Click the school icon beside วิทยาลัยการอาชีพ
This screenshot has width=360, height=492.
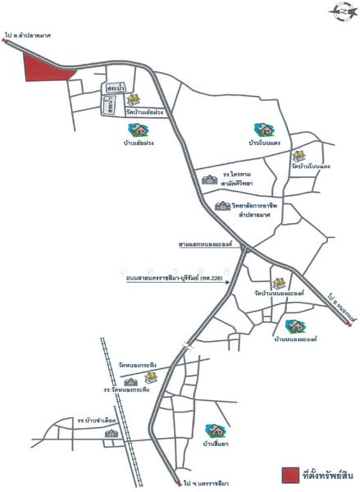(222, 206)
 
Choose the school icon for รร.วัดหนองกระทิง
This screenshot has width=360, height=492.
(130, 380)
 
